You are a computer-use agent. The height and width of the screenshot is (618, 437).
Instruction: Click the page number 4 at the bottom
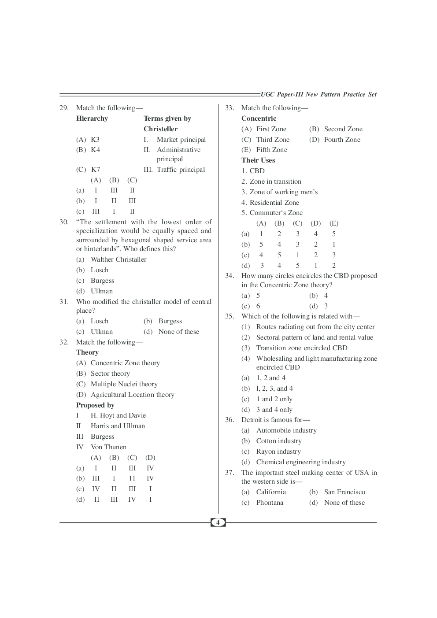click(218, 522)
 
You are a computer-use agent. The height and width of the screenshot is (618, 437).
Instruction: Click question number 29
click(64, 108)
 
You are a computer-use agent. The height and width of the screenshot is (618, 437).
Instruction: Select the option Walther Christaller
click(118, 259)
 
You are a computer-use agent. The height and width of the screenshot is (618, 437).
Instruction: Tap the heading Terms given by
click(167, 118)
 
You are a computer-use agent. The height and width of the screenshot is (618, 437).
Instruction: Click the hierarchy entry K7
click(95, 170)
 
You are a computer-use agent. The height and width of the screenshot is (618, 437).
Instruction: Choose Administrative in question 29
click(178, 150)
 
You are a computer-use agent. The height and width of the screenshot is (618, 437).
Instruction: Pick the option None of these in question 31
click(178, 332)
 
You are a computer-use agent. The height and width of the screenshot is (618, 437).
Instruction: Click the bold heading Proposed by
click(95, 405)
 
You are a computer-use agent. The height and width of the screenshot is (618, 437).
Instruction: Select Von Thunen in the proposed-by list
click(108, 447)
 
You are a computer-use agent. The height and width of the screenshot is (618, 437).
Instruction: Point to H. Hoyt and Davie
click(118, 415)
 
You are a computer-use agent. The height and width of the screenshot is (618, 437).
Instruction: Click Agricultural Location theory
click(132, 395)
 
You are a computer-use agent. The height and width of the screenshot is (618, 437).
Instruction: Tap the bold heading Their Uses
click(258, 160)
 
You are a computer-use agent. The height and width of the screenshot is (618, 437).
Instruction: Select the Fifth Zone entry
click(271, 150)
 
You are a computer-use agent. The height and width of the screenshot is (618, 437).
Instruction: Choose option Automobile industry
click(286, 430)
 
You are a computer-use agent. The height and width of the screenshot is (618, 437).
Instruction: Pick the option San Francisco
click(344, 492)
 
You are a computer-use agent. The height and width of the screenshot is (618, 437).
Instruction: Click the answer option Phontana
click(270, 503)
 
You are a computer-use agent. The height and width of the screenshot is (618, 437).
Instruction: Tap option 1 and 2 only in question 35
click(274, 399)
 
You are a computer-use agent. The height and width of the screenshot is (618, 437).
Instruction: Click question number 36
click(230, 420)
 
